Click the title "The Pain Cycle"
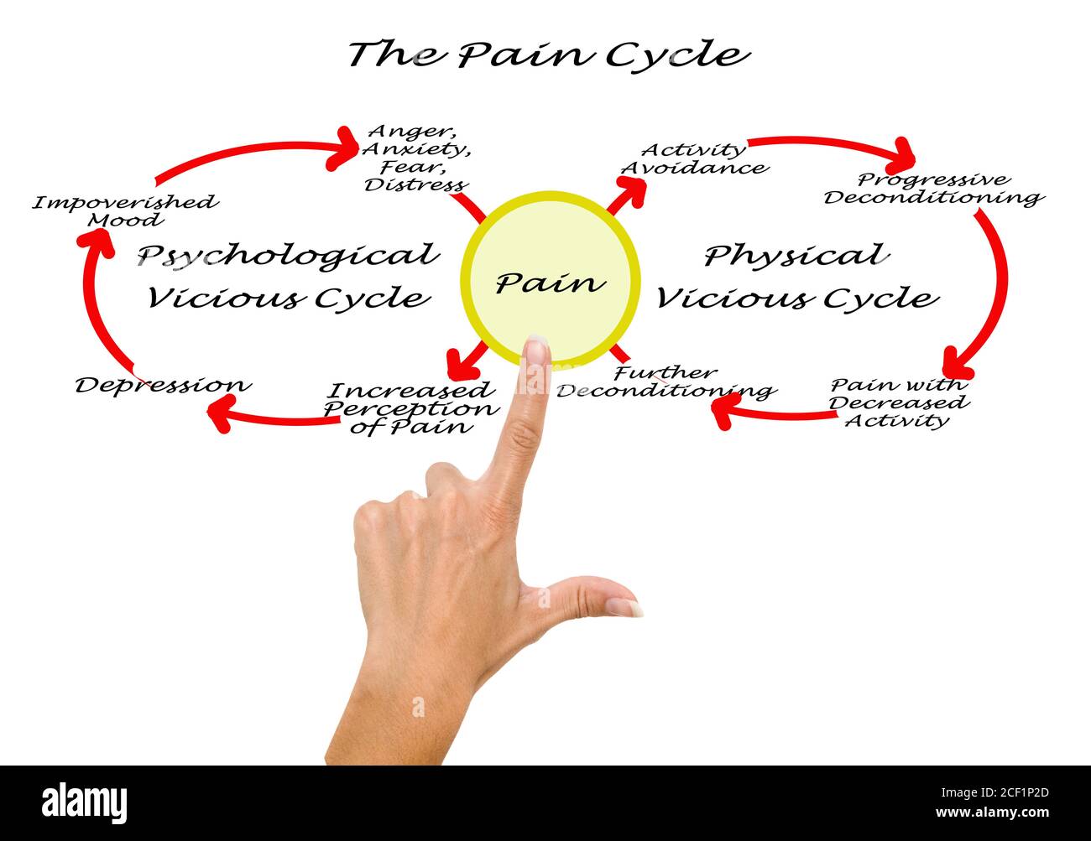point(548,54)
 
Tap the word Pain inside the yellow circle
point(550,282)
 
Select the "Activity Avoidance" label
point(693,158)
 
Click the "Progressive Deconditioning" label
point(932,189)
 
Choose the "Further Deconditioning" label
point(665,382)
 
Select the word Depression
point(163,385)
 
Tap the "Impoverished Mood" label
point(125,210)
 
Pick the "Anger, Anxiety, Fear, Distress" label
point(416,158)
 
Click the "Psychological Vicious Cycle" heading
point(288,276)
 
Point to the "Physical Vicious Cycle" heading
point(796,276)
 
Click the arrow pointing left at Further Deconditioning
point(772,412)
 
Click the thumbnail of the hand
point(624,606)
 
